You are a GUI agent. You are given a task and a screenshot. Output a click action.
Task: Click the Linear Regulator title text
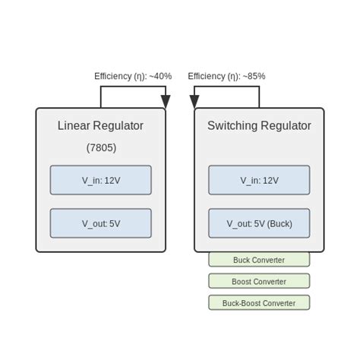pos(100,126)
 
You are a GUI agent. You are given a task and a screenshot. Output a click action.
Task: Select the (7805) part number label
pos(101,147)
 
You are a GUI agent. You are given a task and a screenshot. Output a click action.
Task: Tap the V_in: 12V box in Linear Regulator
pos(101,180)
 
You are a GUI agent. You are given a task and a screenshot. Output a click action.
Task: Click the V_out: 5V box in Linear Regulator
pos(101,223)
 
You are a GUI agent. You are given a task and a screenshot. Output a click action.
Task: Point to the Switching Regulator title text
pos(259,126)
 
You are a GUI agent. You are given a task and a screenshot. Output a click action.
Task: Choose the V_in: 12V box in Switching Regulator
pos(259,180)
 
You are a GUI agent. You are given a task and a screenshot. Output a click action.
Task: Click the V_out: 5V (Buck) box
pos(259,223)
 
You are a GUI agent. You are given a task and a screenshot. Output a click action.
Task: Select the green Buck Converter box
pos(259,260)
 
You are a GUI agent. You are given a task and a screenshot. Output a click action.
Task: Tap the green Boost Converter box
pos(259,281)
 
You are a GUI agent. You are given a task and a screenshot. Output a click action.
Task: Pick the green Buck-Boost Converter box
pos(259,302)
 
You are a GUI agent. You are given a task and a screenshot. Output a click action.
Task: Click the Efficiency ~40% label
pos(133,76)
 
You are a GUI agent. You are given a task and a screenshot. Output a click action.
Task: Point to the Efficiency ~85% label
pos(226,76)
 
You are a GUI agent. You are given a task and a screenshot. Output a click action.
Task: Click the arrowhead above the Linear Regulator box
pos(166,102)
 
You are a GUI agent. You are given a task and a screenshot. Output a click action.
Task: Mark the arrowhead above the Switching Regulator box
pos(194,102)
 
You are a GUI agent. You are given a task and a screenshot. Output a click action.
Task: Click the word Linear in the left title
pos(74,126)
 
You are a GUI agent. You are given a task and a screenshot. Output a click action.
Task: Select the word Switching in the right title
pos(232,126)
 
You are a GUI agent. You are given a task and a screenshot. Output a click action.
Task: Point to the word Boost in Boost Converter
pos(243,281)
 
